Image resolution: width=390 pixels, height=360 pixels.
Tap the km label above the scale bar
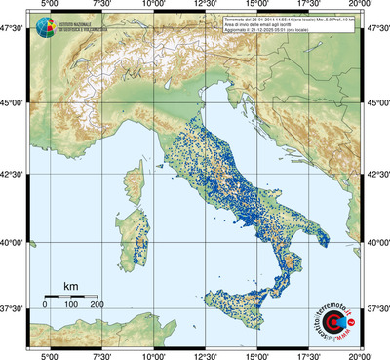[x=70, y=286]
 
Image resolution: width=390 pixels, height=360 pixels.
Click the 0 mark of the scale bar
[x=45, y=304]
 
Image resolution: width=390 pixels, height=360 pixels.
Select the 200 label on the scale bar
[x=97, y=304]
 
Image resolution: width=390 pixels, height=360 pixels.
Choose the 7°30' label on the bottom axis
[x=100, y=355]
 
